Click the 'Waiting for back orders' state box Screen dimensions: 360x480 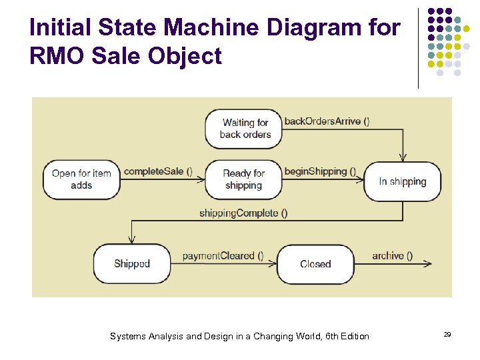pos(244,129)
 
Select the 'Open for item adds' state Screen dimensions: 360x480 pos(81,179)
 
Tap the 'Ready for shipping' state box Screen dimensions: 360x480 pos(243,179)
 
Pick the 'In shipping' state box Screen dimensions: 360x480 pos(402,181)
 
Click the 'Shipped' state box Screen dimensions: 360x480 pos(131,264)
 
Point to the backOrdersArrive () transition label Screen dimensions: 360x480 pos(327,121)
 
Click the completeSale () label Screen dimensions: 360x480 pos(158,171)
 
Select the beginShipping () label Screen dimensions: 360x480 pos(320,171)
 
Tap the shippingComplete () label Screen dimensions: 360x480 pos(243,213)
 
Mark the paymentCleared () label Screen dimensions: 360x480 pos(223,255)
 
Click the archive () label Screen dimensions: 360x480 pos(392,255)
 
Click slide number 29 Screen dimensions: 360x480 pos(447,333)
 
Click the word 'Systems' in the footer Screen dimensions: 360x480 pos(127,336)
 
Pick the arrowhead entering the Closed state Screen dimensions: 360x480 pos(272,264)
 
